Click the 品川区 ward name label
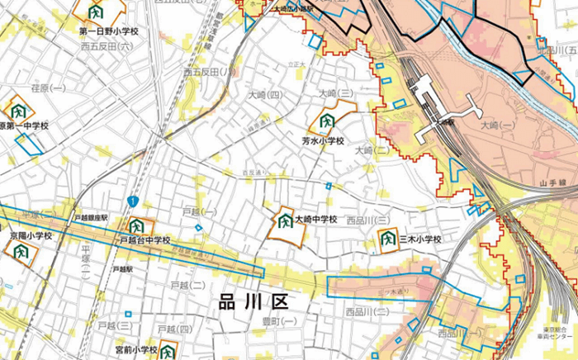click(255, 301)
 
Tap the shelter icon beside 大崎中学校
click(285, 222)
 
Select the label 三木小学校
click(420, 239)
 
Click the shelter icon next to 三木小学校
click(387, 239)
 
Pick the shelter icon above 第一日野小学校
click(96, 12)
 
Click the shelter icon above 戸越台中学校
click(135, 225)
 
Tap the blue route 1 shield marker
click(132, 201)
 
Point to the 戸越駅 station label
click(122, 269)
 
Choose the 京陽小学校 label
click(31, 235)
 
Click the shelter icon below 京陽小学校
click(21, 251)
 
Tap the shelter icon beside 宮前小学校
click(168, 350)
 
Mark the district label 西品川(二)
click(367, 312)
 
